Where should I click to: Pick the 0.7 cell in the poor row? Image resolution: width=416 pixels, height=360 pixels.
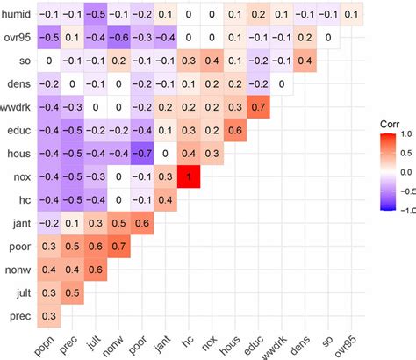click(119, 247)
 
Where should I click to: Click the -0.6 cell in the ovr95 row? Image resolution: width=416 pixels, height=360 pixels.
click(119, 38)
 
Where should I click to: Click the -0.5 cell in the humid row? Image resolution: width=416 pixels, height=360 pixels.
click(96, 15)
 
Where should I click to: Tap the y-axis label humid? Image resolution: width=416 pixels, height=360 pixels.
click(18, 15)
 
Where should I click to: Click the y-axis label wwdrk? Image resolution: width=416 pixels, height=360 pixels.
click(17, 107)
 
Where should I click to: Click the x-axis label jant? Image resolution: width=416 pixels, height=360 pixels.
click(162, 342)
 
